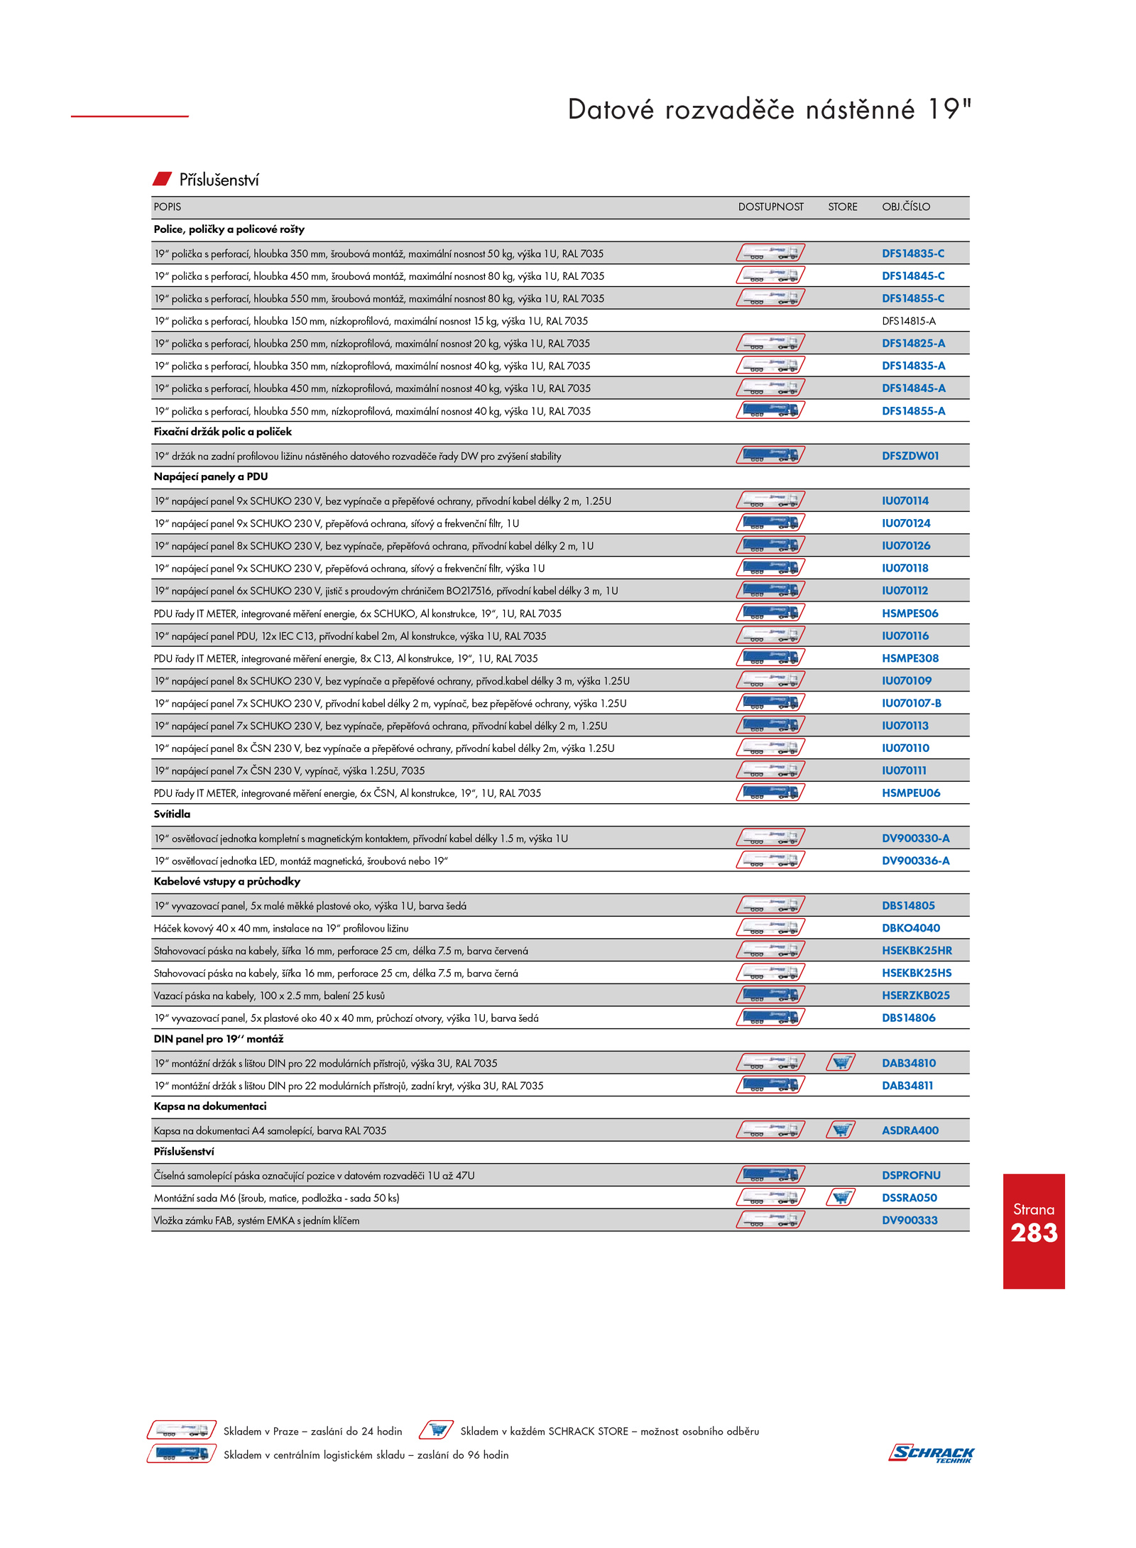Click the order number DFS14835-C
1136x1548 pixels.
coord(912,254)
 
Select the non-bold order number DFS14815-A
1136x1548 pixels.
coord(908,321)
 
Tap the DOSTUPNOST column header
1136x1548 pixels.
coord(770,207)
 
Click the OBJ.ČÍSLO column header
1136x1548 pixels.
coord(905,207)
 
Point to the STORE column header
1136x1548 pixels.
coord(842,207)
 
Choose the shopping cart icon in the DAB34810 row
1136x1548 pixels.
coord(841,1062)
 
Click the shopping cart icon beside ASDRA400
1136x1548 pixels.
coord(841,1130)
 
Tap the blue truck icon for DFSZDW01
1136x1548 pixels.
coord(770,455)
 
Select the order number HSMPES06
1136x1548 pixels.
coord(910,614)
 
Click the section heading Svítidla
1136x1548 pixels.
coord(172,814)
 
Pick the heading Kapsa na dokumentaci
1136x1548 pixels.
coord(210,1106)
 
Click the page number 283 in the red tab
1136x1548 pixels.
coord(1034,1233)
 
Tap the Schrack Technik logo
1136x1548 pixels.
coord(932,1453)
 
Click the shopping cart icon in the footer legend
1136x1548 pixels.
coord(437,1430)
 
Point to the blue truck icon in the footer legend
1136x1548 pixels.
coord(182,1454)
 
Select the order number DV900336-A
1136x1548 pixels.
coord(915,861)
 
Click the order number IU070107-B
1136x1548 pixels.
coord(911,703)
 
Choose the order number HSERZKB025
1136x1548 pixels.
coord(915,996)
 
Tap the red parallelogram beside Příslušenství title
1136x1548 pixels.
coord(163,178)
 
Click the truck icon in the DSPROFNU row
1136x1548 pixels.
coord(770,1174)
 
